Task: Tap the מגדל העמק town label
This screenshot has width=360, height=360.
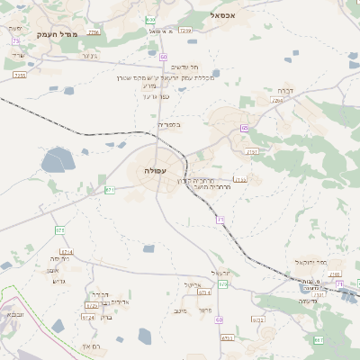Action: click(x=59, y=34)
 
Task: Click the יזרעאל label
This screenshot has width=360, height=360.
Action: click(x=220, y=273)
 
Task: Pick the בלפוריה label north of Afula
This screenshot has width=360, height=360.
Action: click(x=169, y=125)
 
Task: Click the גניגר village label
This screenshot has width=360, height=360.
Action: click(x=88, y=56)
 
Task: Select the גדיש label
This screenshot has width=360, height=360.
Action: click(x=60, y=281)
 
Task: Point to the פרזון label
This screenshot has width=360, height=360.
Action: click(x=205, y=310)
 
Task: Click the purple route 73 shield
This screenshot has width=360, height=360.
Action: click(x=16, y=41)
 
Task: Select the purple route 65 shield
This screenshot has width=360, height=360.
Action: click(x=244, y=129)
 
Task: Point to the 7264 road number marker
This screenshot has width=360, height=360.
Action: click(x=277, y=101)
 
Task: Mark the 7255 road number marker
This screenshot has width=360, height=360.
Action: click(x=20, y=76)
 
